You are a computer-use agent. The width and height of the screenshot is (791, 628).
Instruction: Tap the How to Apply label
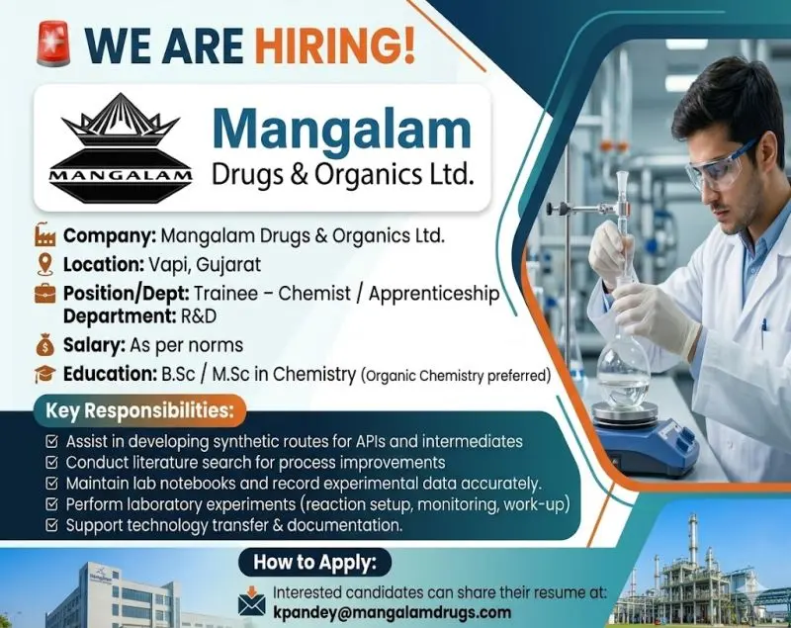315,564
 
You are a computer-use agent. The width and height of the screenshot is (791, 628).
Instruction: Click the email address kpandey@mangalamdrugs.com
407,612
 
